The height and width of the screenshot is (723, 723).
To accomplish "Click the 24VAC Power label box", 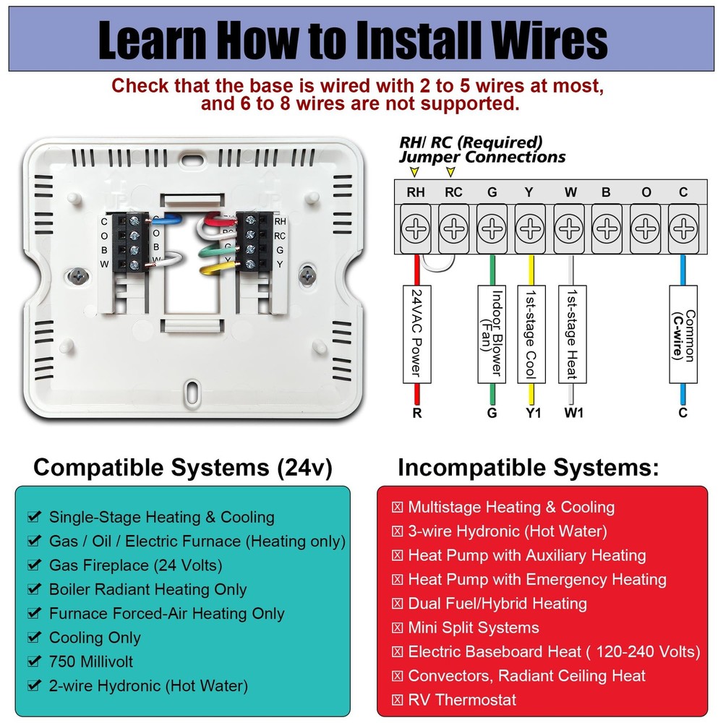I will [416, 333].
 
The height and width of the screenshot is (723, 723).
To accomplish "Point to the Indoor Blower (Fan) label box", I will [492, 333].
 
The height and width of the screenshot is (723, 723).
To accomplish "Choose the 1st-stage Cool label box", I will [531, 333].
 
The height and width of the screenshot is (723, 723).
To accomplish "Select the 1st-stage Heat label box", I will [571, 333].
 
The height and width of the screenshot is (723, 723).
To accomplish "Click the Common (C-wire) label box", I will [683, 333].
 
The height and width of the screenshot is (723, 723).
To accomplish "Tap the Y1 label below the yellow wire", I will [531, 414].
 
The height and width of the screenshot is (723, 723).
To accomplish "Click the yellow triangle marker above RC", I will [452, 172].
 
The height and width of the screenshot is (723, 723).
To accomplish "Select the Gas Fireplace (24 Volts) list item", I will [135, 565].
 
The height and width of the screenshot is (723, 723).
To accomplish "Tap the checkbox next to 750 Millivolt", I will [33, 662].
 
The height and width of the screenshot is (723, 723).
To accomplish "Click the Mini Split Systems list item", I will [473, 628].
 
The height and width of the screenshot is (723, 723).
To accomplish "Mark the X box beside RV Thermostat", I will [397, 700].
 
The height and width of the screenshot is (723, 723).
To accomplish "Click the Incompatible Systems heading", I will [528, 468].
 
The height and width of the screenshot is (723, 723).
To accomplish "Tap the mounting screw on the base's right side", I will [309, 274].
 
